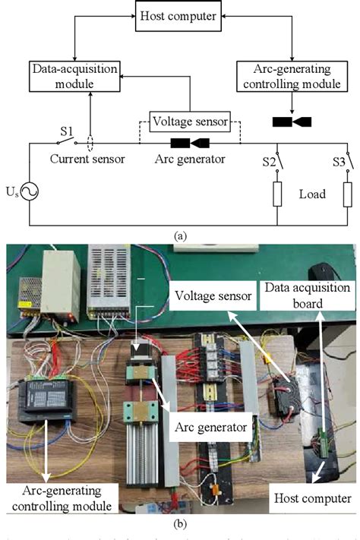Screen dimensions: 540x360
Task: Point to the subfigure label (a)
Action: click(x=180, y=236)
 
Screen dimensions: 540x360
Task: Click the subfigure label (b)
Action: click(x=180, y=523)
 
